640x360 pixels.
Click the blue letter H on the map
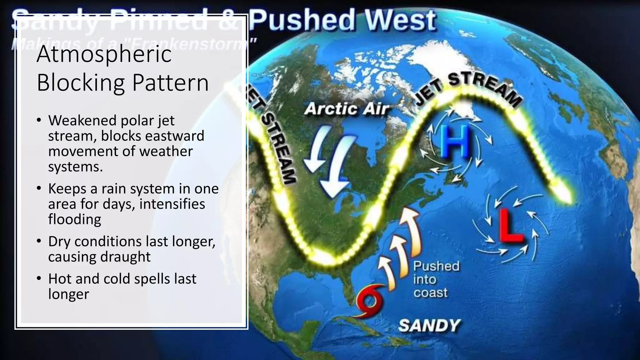pyautogui.click(x=455, y=142)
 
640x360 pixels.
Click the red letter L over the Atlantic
pyautogui.click(x=510, y=226)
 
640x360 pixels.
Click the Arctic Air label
pyautogui.click(x=347, y=109)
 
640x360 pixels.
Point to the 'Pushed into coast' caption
pyautogui.click(x=436, y=279)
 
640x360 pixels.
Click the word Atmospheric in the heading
pyautogui.click(x=104, y=54)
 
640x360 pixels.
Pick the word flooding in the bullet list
pyautogui.click(x=74, y=219)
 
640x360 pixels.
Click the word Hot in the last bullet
pyautogui.click(x=59, y=279)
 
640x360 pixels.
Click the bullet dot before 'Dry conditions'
pyautogui.click(x=39, y=241)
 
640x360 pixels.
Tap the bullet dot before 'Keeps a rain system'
pyautogui.click(x=39, y=188)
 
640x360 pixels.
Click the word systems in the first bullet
pyautogui.click(x=75, y=167)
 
